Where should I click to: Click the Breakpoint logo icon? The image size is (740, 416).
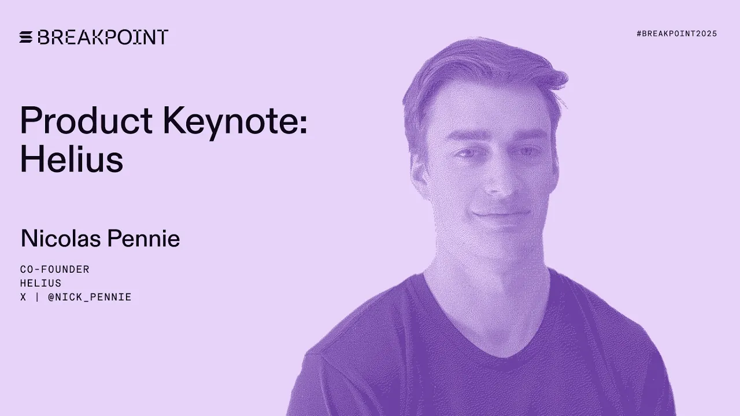(26, 38)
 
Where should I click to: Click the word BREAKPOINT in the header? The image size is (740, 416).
(103, 38)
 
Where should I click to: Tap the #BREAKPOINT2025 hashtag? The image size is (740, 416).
(676, 34)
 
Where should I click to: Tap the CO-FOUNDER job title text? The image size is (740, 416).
(55, 269)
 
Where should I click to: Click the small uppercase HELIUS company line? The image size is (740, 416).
(40, 283)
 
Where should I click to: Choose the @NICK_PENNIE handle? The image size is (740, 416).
(90, 297)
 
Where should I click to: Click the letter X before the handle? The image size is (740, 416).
(23, 297)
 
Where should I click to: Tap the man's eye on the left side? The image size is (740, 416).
(466, 154)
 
